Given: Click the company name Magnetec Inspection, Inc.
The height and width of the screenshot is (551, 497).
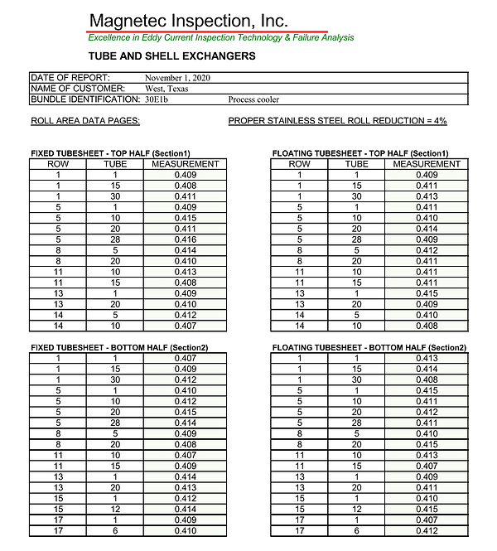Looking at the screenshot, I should click(x=189, y=20).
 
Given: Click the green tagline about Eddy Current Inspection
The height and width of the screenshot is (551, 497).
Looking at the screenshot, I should click(x=221, y=38).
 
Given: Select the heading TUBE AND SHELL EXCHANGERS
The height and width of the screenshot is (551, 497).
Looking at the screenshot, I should click(x=171, y=57).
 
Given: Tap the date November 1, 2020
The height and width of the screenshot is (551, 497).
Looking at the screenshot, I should click(x=180, y=78).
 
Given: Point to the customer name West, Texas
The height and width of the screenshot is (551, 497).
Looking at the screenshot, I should click(x=167, y=89).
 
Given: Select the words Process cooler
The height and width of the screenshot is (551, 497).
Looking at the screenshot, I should click(x=253, y=99).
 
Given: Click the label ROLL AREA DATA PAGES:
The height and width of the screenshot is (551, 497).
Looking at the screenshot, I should click(x=84, y=121).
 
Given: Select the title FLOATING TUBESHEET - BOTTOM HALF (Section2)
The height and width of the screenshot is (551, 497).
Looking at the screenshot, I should click(x=369, y=347).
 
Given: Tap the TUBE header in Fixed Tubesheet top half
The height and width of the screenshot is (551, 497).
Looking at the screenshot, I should click(x=114, y=164).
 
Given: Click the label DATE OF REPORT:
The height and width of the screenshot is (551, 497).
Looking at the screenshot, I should click(x=70, y=78).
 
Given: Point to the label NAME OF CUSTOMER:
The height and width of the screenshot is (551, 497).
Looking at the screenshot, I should click(x=78, y=89).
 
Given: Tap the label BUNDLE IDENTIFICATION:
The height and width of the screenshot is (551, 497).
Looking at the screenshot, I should click(x=85, y=99).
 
